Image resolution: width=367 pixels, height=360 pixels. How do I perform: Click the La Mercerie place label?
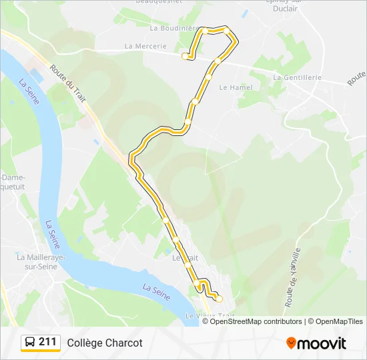click(x=145, y=46)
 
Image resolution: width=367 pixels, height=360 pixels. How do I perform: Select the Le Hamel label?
click(x=232, y=87)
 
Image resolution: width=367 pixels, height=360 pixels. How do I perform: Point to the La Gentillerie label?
click(x=298, y=77)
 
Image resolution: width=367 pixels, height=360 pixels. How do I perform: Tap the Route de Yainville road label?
click(x=292, y=277)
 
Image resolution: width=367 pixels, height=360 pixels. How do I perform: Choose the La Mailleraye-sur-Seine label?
click(x=39, y=261)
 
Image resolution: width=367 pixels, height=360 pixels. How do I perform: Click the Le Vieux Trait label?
click(x=211, y=315)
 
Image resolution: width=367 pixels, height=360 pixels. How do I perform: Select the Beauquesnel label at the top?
click(x=159, y=2)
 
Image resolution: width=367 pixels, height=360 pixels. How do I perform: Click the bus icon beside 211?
click(x=30, y=343)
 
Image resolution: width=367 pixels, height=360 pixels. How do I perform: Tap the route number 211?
click(x=47, y=342)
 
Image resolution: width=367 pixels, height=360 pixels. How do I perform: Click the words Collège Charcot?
click(x=104, y=343)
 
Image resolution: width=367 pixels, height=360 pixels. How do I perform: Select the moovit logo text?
click(x=322, y=343)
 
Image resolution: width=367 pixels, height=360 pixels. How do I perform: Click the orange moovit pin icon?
click(x=291, y=343)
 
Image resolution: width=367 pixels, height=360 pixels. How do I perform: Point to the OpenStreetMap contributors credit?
click(x=256, y=321)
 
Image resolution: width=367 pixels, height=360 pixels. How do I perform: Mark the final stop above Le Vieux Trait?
click(x=218, y=298)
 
